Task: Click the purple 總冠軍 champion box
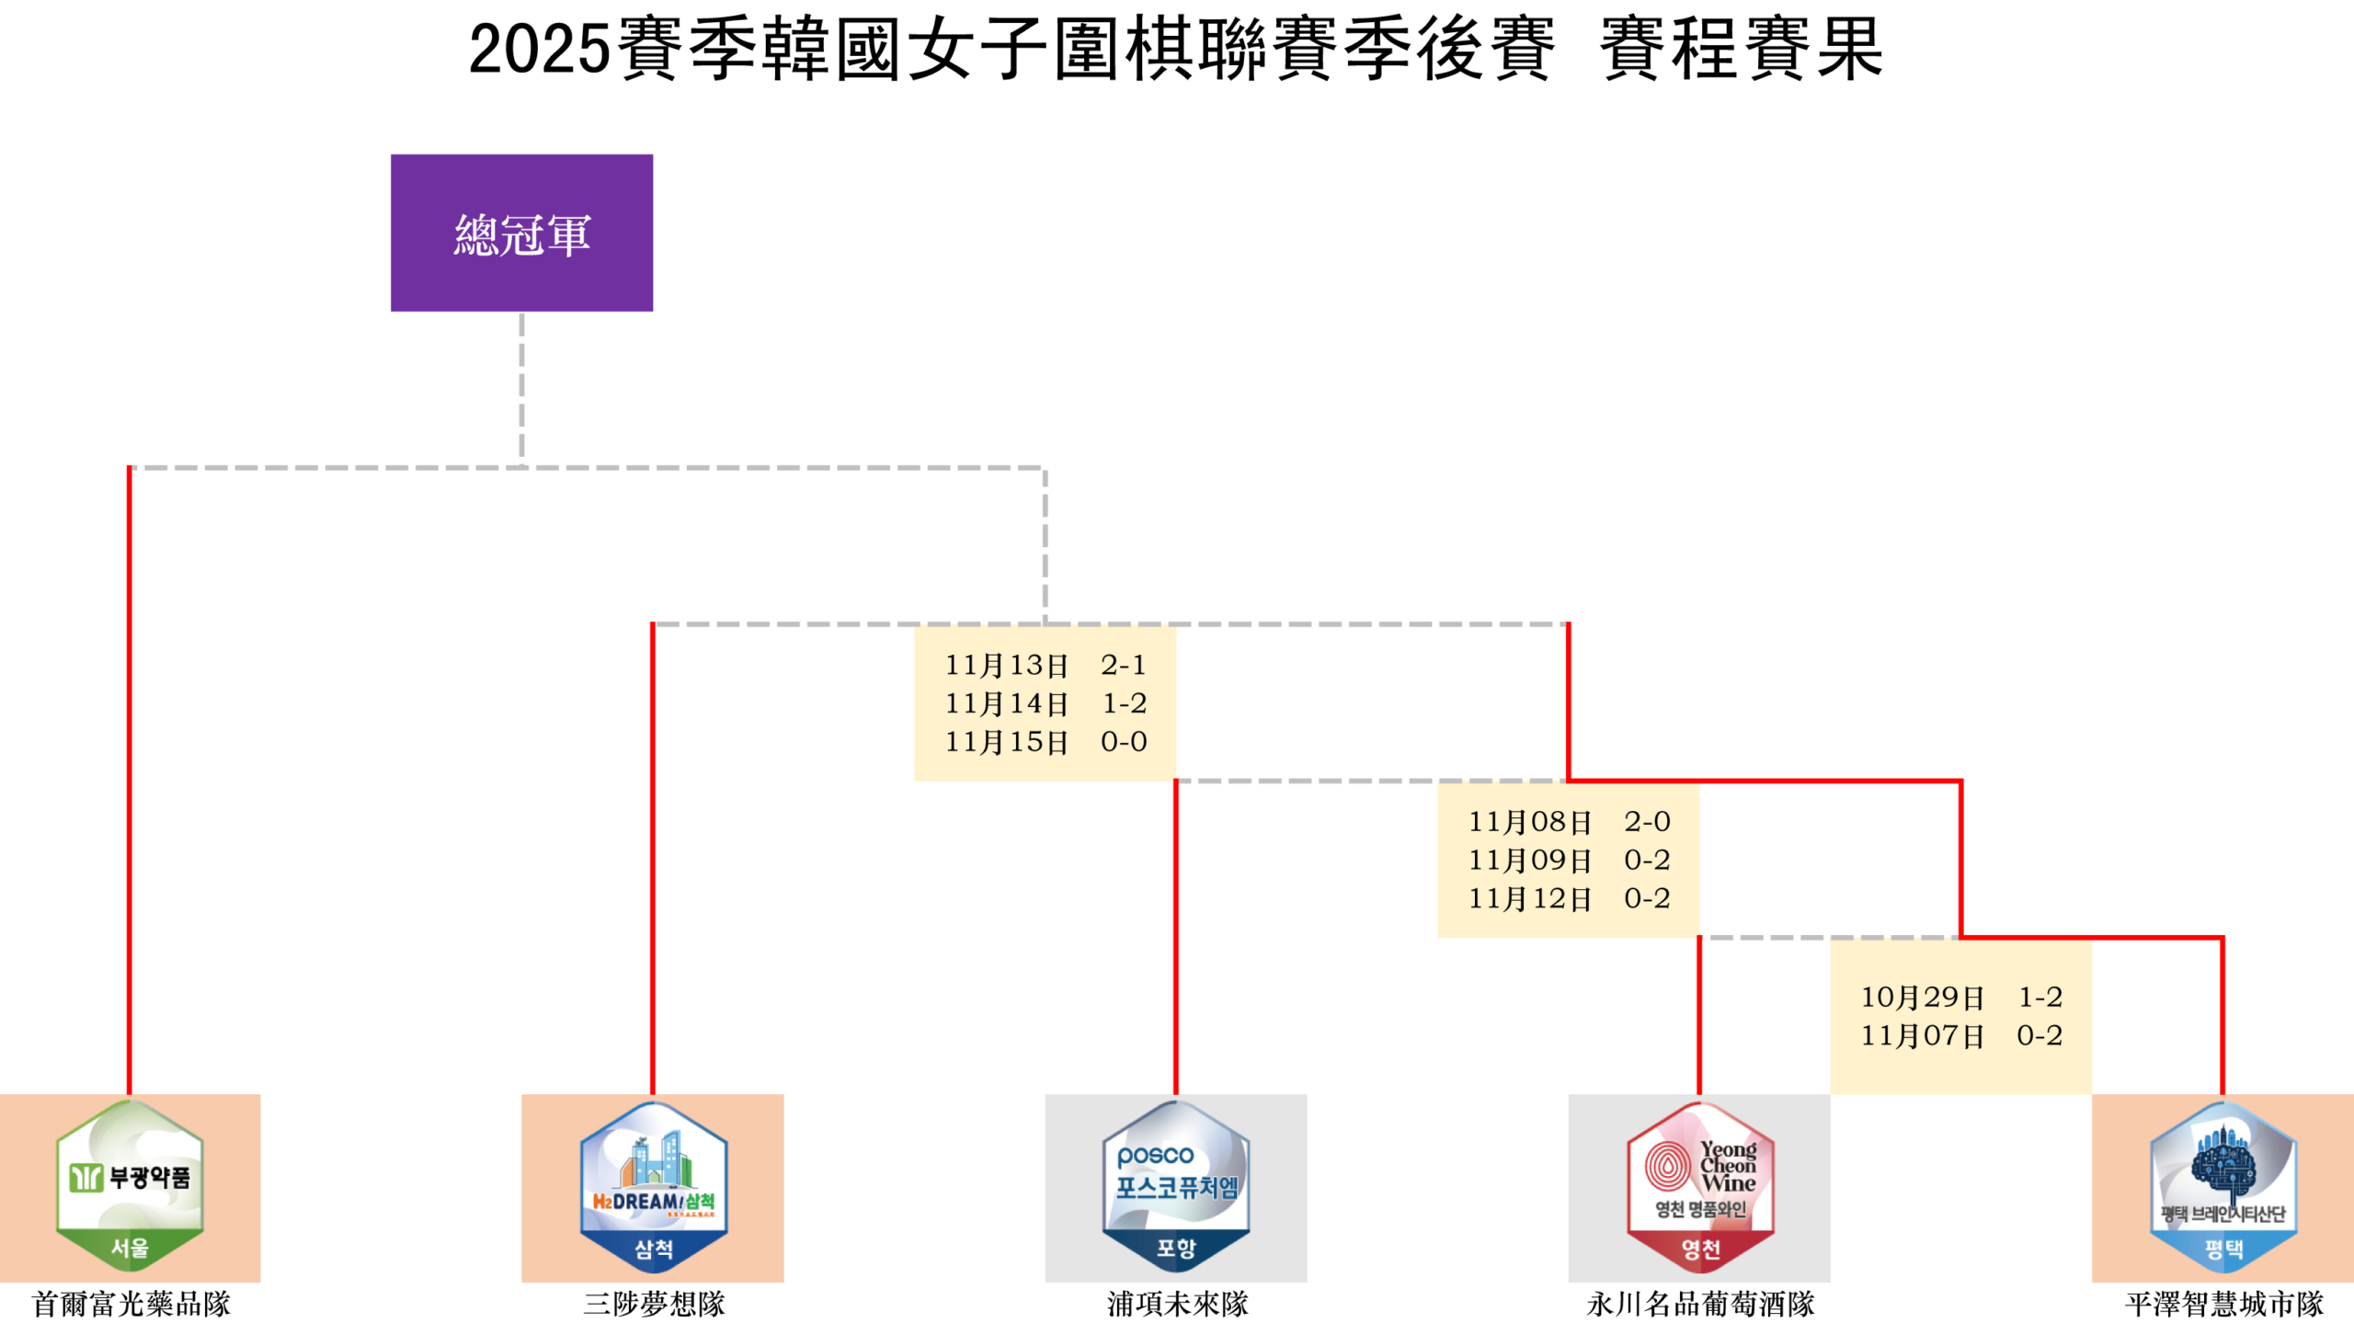tap(521, 233)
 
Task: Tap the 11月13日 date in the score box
tap(1006, 665)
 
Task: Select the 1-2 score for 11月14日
tap(1124, 703)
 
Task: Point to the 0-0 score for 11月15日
tap(1124, 742)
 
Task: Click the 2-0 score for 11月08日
tap(1647, 821)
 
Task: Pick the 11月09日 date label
tap(1529, 861)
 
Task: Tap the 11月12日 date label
tap(1529, 898)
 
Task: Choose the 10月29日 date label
tap(1922, 997)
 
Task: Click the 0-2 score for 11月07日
tap(2040, 1035)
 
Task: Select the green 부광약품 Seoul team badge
tap(130, 1185)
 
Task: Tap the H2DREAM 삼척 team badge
tap(653, 1186)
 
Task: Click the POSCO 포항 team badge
tap(1175, 1186)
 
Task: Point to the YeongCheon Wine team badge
tap(1699, 1186)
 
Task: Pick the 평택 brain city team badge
tap(2223, 1186)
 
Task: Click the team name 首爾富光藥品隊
tap(131, 1304)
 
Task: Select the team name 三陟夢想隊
tap(654, 1304)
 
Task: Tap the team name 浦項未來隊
tap(1177, 1304)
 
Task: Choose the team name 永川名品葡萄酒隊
tap(1699, 1304)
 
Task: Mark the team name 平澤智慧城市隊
tap(2223, 1304)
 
